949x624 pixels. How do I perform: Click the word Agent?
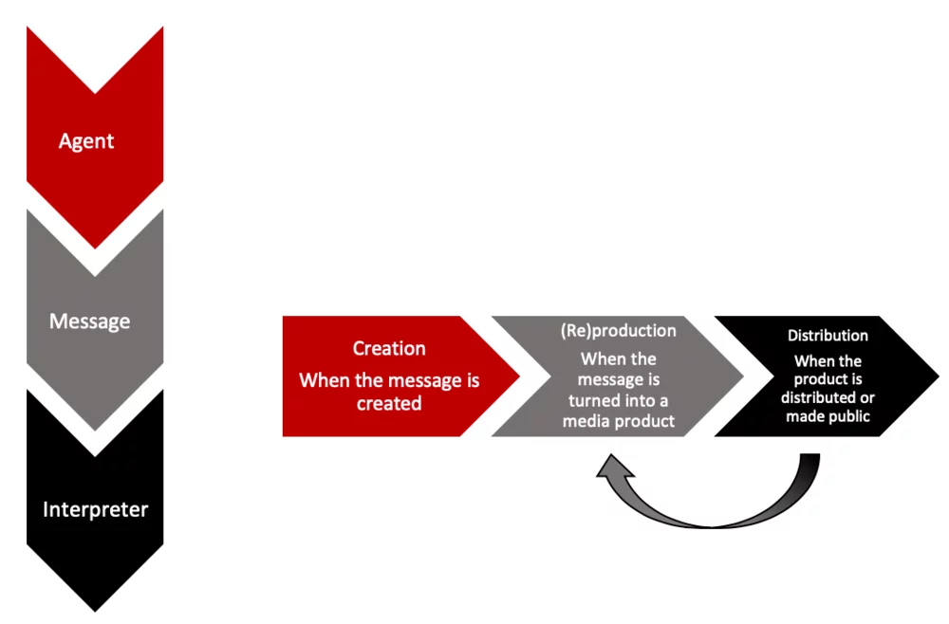pos(86,141)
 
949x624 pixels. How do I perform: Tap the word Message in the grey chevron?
pos(89,321)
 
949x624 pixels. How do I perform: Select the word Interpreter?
pos(95,509)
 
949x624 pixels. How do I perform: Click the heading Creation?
pos(389,348)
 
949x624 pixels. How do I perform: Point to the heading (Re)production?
pos(618,330)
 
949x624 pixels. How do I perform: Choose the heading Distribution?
pos(828,336)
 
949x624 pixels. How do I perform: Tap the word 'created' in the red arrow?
pos(389,403)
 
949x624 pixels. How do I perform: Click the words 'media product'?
pos(619,421)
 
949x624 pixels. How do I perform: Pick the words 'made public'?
pos(828,415)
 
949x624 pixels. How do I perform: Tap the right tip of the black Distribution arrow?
pos(938,376)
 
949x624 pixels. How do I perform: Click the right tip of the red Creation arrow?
pos(519,376)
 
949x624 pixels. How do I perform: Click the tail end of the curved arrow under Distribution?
pos(809,459)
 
